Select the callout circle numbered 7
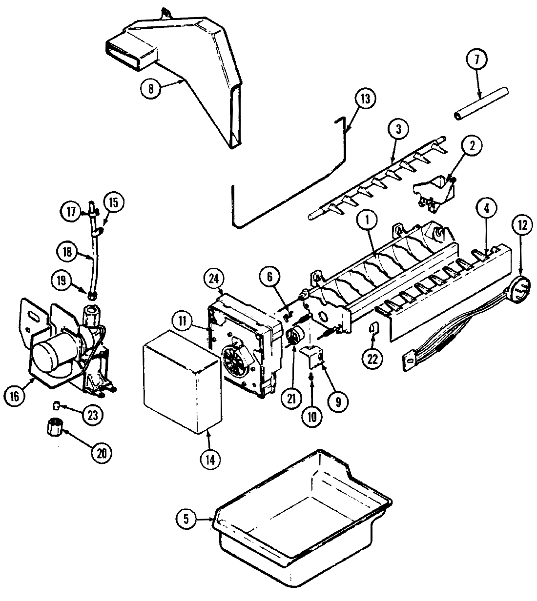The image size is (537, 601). tap(477, 60)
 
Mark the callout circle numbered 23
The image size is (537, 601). tap(93, 415)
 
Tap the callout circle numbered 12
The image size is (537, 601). tap(522, 225)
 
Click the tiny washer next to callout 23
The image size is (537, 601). tap(57, 405)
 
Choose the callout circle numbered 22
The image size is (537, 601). tap(373, 358)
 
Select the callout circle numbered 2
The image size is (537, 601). tap(474, 145)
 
